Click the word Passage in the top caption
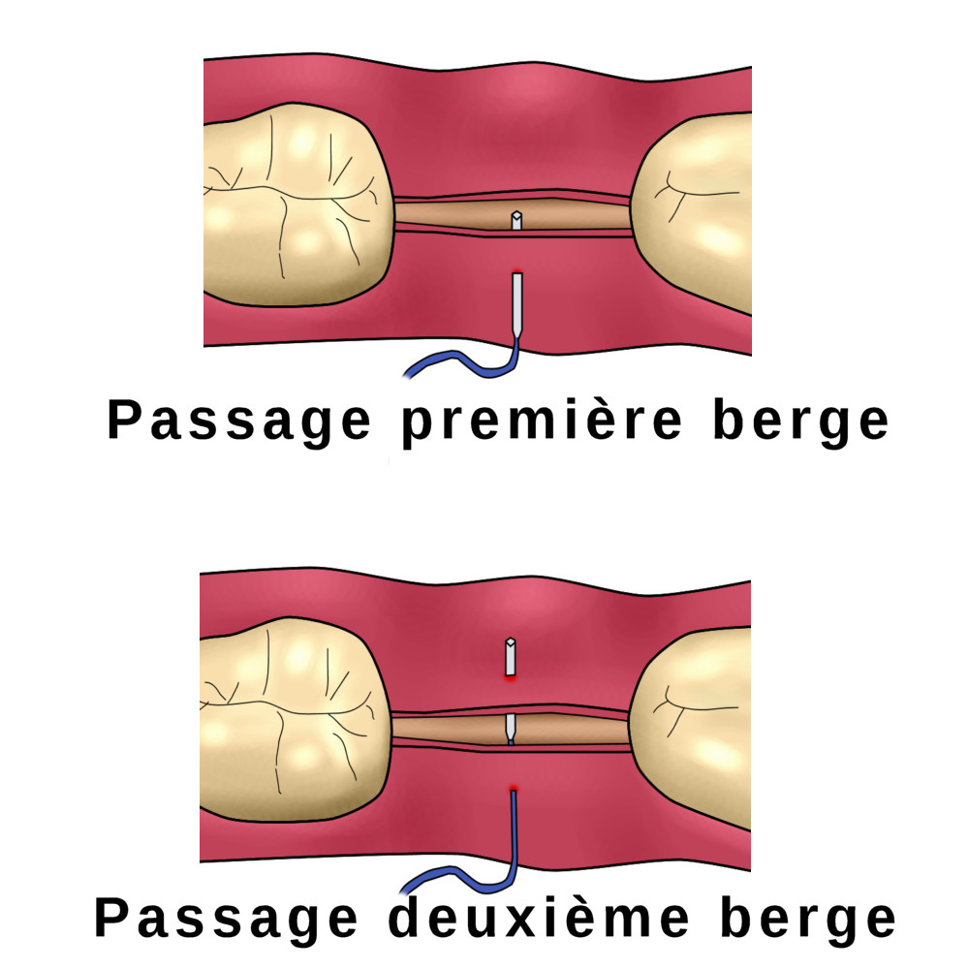click(239, 422)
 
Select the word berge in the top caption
click(801, 422)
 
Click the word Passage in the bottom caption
click(226, 919)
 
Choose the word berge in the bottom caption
click(808, 919)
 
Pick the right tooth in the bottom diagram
click(689, 727)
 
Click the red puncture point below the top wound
click(517, 272)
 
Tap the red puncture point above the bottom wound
click(511, 678)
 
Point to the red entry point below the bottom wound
click(513, 789)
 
